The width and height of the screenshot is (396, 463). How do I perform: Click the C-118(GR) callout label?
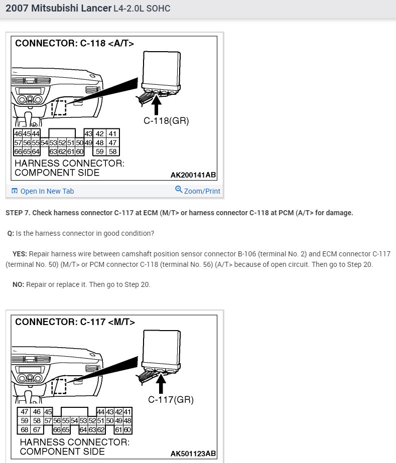(x=166, y=120)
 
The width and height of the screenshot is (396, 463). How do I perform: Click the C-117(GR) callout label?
(x=171, y=400)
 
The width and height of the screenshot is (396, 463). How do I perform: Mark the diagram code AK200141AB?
(x=193, y=175)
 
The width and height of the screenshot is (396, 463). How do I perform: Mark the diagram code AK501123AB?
(x=193, y=453)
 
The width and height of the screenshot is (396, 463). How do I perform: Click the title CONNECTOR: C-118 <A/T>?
(x=75, y=44)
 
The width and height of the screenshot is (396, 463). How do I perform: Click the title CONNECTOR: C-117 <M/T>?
(x=75, y=322)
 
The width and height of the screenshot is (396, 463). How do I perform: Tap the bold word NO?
(x=19, y=284)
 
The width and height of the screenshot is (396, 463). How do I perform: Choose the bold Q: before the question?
(x=11, y=233)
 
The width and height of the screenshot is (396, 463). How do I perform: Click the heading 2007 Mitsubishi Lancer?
(x=58, y=9)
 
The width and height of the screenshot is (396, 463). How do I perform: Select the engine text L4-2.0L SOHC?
(x=144, y=9)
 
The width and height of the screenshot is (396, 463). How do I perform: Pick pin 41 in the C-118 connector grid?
(x=112, y=134)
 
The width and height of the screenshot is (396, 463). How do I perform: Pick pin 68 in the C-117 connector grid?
(x=24, y=430)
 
